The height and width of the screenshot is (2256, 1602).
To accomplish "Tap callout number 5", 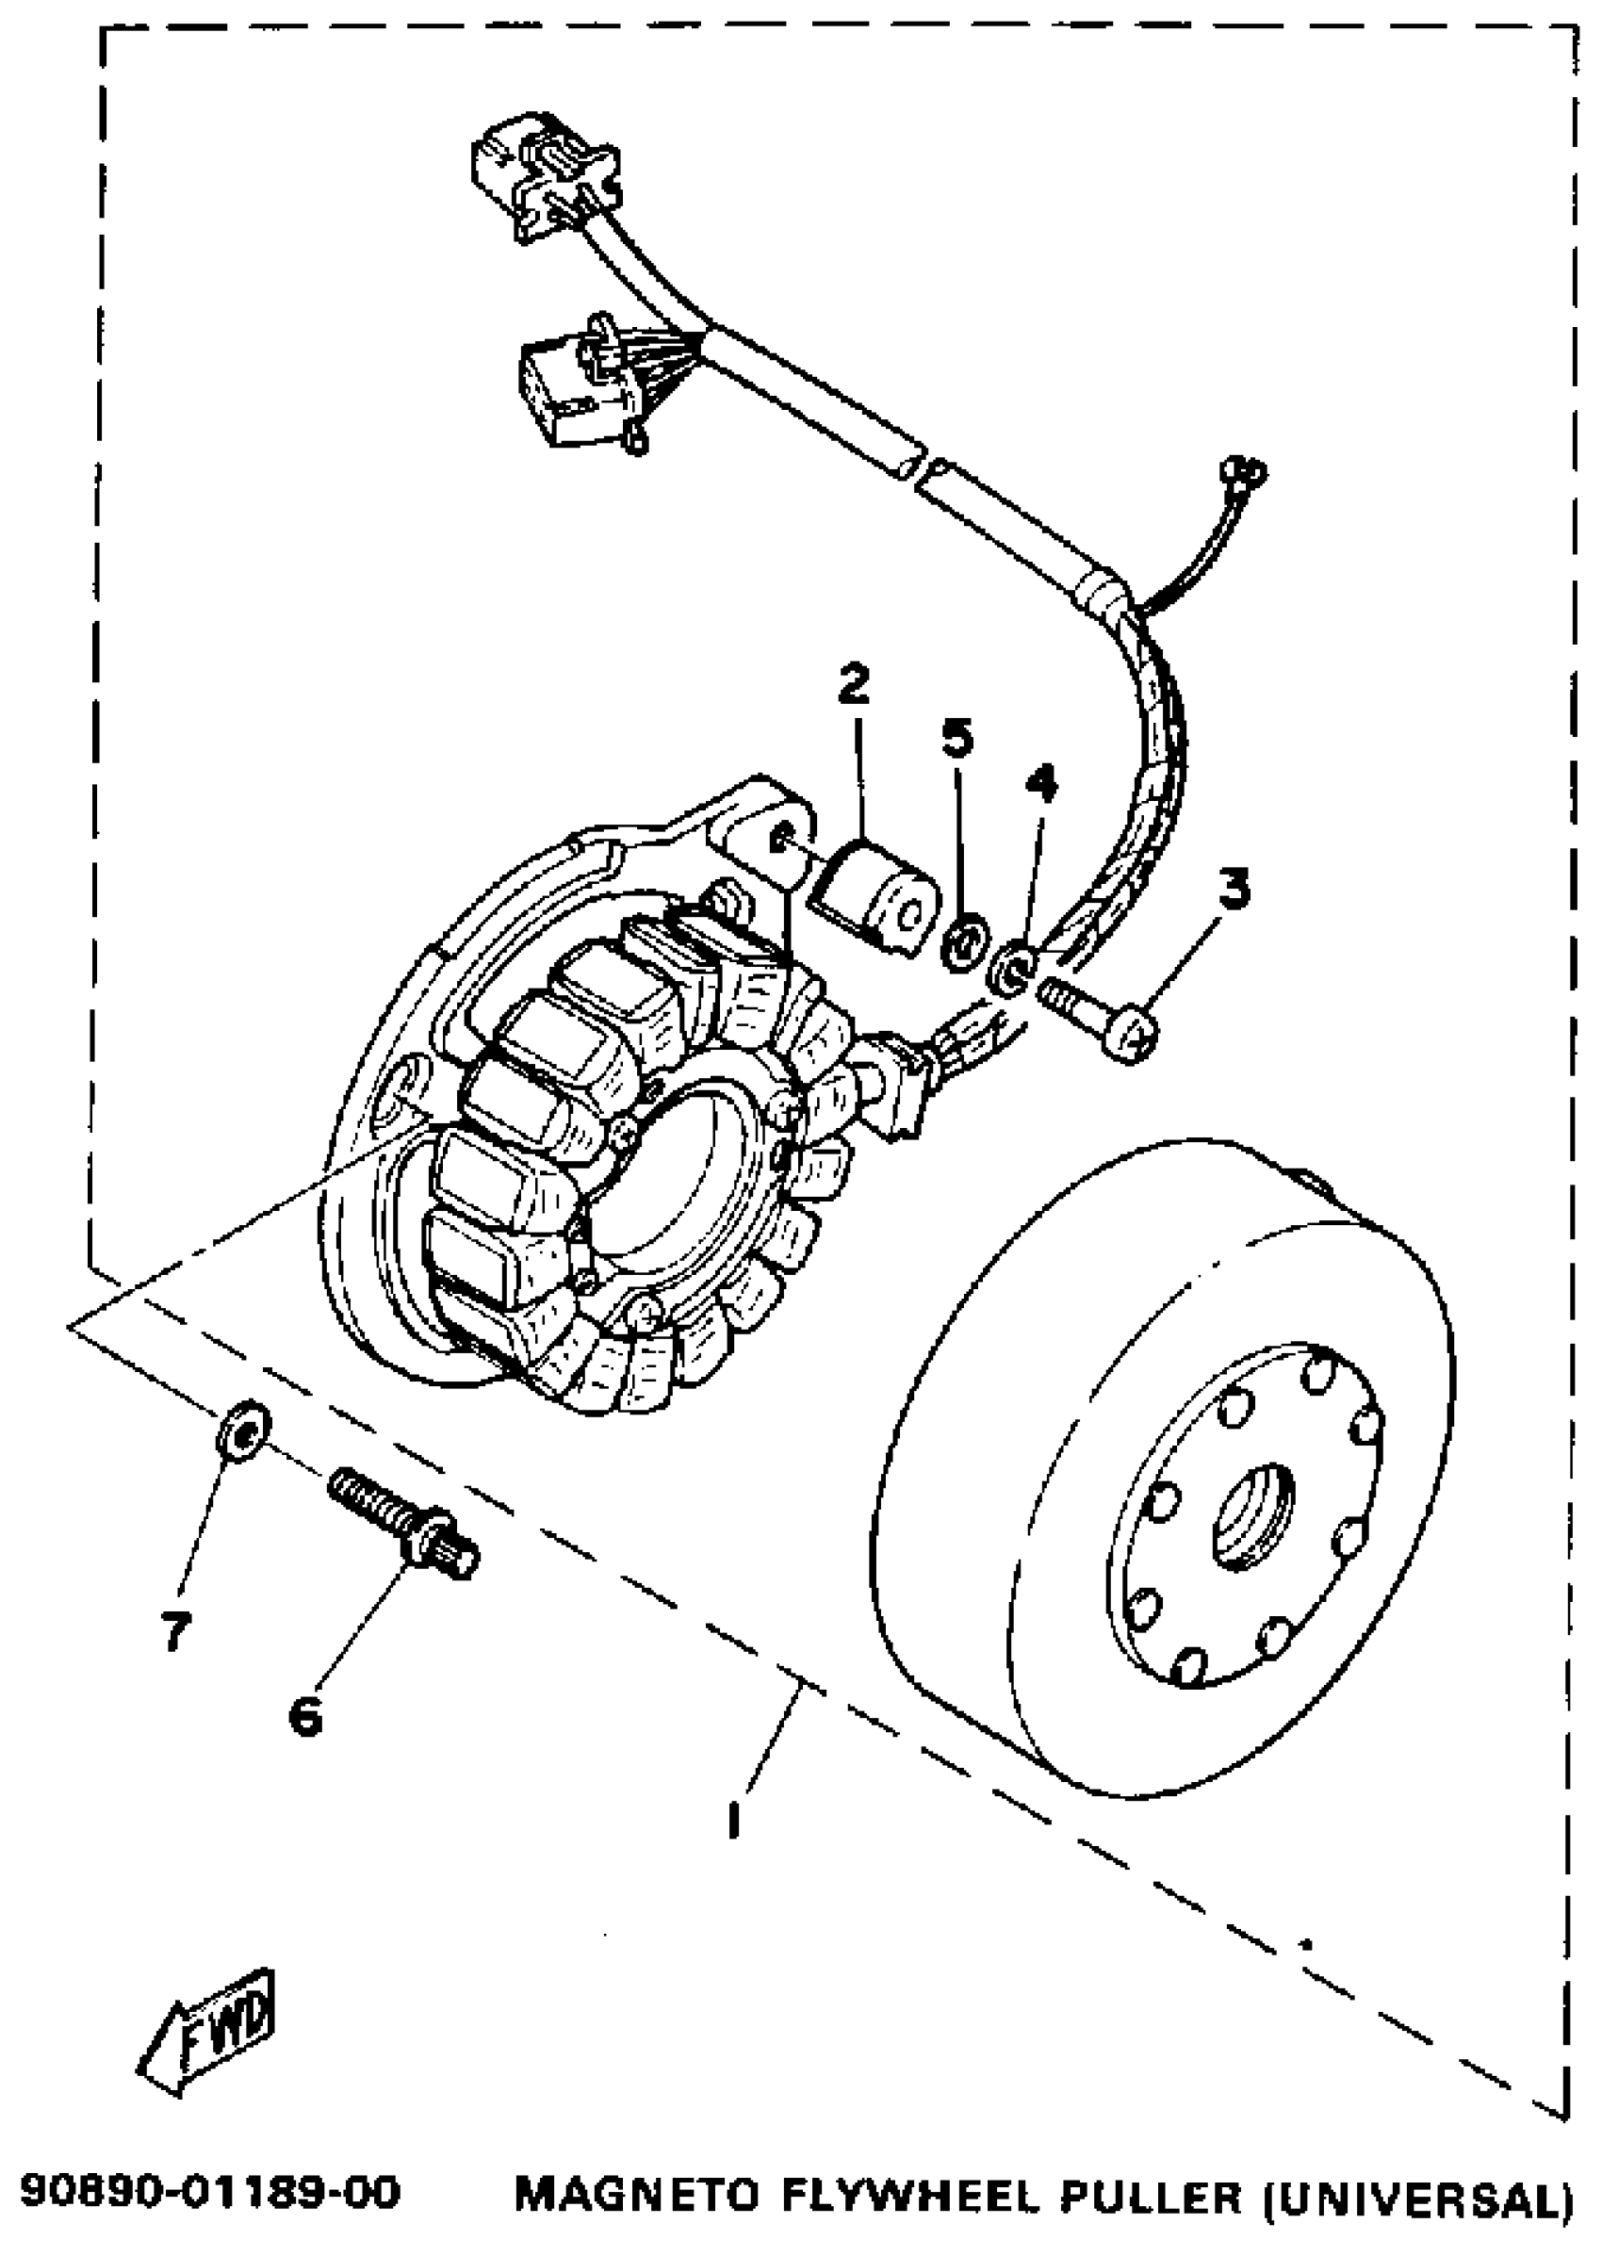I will click(x=956, y=737).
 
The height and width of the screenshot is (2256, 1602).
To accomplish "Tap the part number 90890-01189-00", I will click(x=210, y=2194).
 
